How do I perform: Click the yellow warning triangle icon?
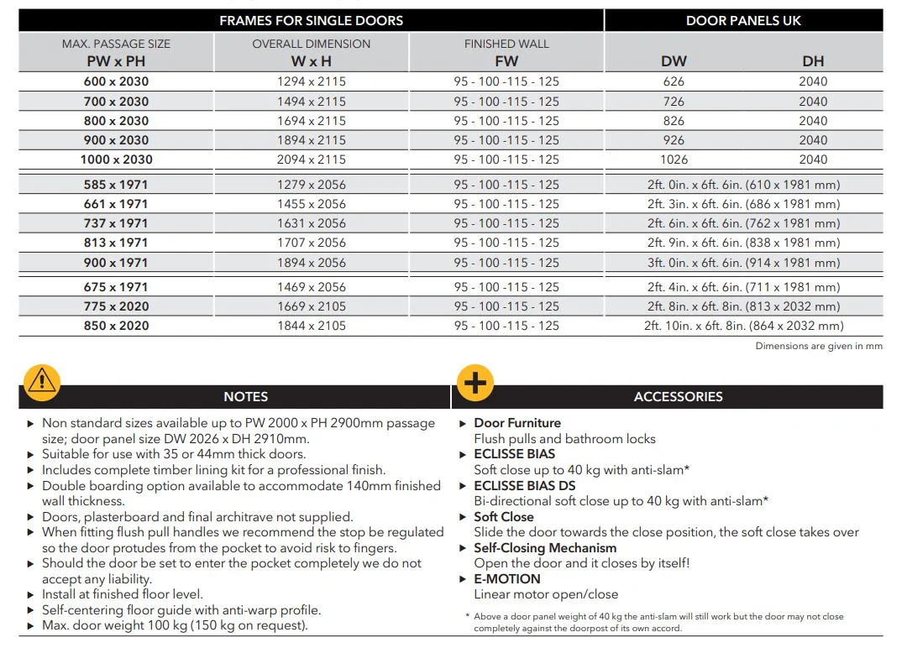click(x=41, y=381)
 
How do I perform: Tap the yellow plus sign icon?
click(x=474, y=383)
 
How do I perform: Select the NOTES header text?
click(x=246, y=396)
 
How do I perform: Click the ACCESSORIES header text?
click(x=678, y=396)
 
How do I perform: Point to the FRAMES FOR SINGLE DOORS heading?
click(x=311, y=20)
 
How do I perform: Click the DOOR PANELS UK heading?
click(x=743, y=20)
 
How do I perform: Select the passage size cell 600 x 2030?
click(x=116, y=81)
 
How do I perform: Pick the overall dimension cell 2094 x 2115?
click(x=312, y=159)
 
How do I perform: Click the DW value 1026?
click(x=674, y=159)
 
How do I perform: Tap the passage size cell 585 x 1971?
click(x=116, y=185)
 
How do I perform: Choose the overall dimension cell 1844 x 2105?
click(x=312, y=326)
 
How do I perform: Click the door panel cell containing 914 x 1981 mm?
click(x=743, y=263)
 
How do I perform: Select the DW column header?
click(x=674, y=60)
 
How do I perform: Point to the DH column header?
click(x=813, y=60)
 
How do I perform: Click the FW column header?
click(x=506, y=60)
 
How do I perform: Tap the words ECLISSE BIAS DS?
click(x=524, y=485)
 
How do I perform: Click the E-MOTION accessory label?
click(x=507, y=579)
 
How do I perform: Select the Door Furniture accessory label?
click(x=517, y=423)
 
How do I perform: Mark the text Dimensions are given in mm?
click(x=818, y=346)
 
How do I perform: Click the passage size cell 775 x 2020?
click(x=116, y=306)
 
